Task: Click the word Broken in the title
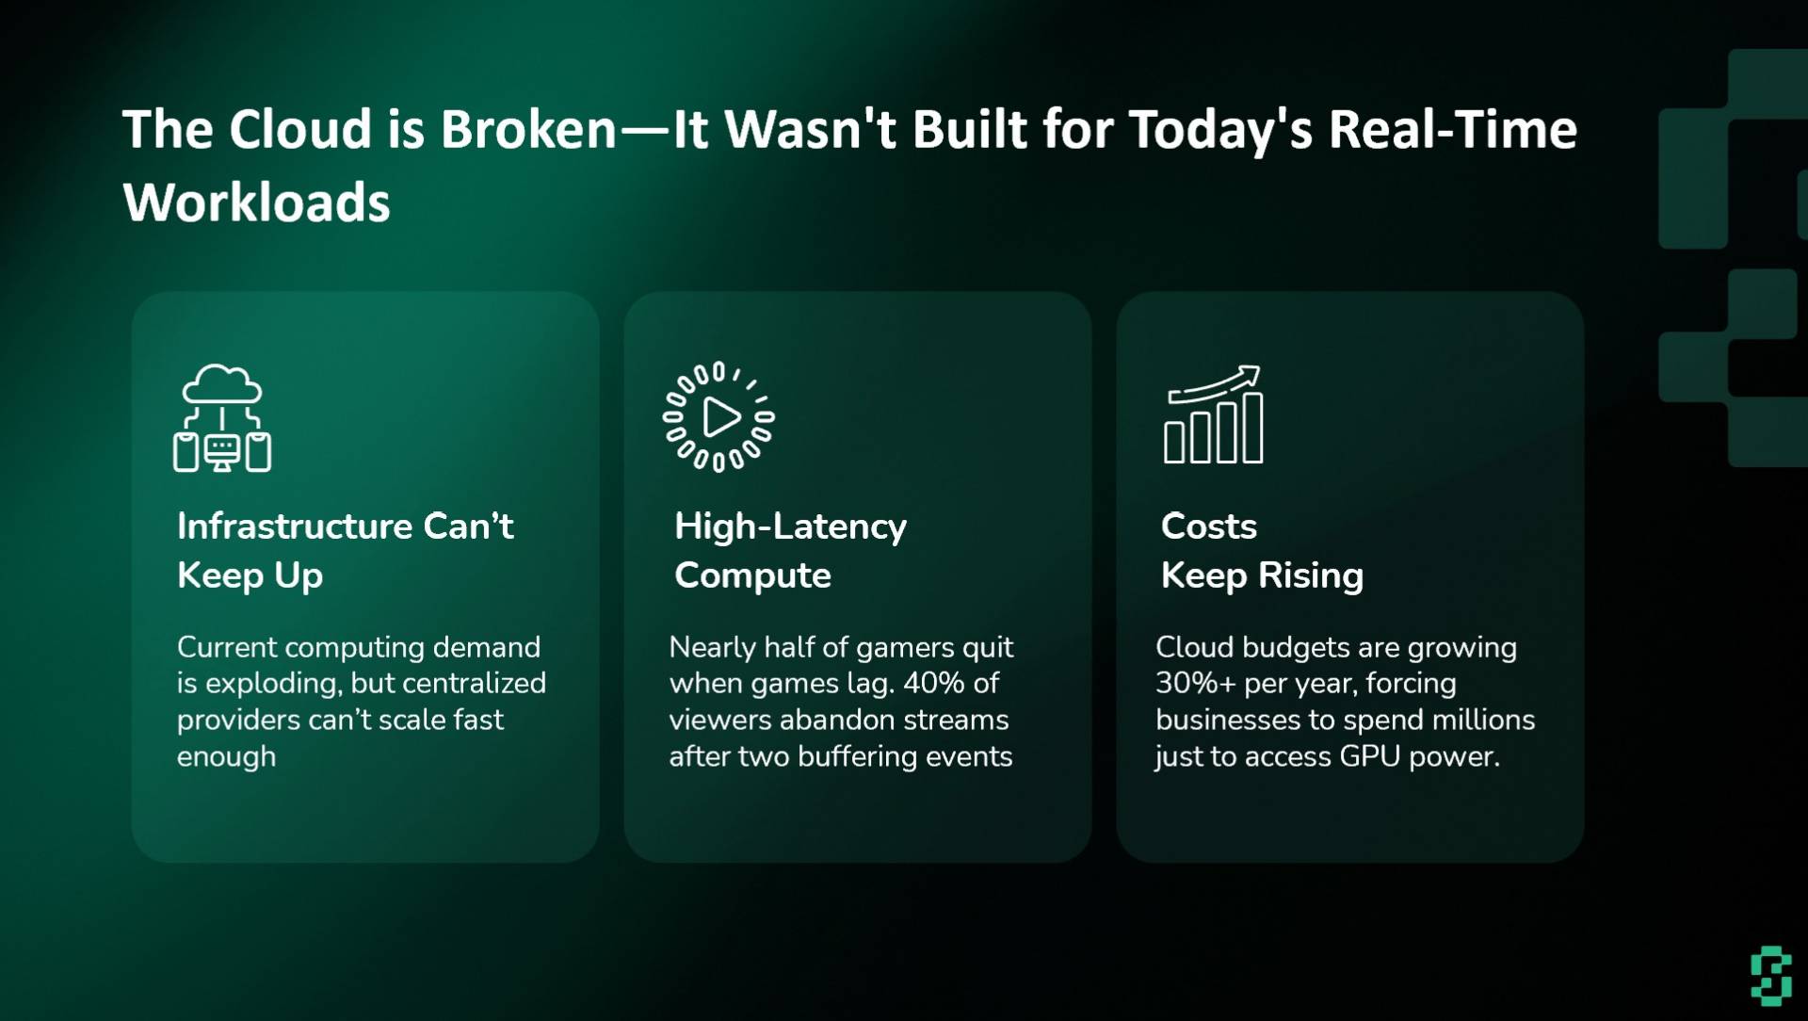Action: (x=528, y=129)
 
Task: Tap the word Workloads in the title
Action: (x=256, y=203)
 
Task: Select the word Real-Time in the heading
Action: (x=1452, y=129)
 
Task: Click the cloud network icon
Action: (x=222, y=417)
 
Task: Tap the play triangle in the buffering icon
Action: (x=721, y=417)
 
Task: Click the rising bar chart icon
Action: (x=1214, y=414)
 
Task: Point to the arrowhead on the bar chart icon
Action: (x=1251, y=375)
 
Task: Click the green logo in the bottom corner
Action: (x=1771, y=976)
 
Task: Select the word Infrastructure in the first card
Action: (x=295, y=526)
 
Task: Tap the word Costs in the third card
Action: (x=1209, y=526)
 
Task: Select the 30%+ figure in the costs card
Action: (x=1195, y=683)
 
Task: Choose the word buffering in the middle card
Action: (x=858, y=757)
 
